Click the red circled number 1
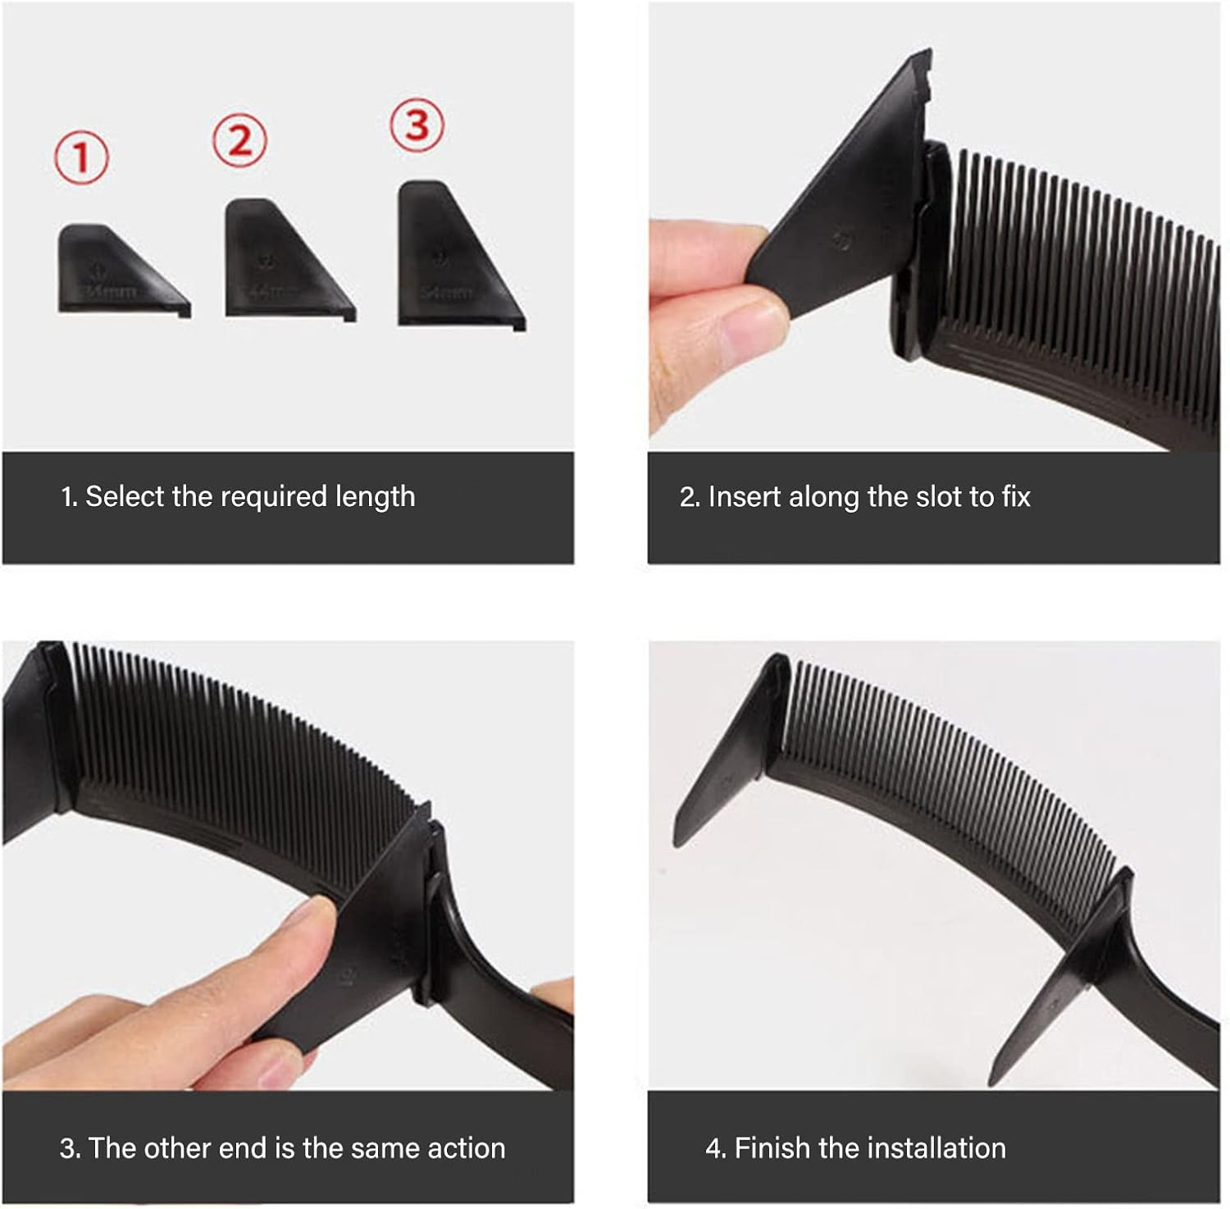(x=81, y=157)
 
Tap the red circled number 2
(x=239, y=141)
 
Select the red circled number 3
(x=417, y=125)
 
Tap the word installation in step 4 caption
(x=911, y=1148)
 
